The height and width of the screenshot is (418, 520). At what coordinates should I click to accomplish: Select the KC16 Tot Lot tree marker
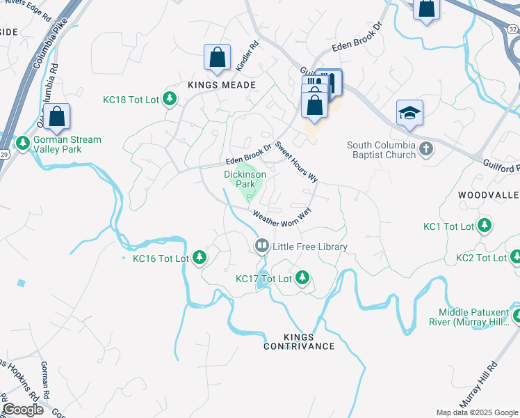[x=200, y=258]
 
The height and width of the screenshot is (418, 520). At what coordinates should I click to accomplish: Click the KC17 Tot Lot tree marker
[x=302, y=278]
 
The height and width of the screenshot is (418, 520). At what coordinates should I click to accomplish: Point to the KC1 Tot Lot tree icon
[x=485, y=226]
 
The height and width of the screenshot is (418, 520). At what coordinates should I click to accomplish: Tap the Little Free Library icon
[x=262, y=246]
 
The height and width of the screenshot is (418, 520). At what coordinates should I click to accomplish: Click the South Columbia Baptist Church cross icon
[x=427, y=150]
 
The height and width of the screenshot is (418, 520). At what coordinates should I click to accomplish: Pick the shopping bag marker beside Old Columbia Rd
[x=58, y=117]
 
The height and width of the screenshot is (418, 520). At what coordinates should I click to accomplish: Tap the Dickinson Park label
[x=244, y=179]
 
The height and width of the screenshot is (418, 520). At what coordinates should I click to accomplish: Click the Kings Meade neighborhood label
[x=222, y=84]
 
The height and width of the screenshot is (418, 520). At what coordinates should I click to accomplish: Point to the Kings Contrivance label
[x=300, y=341]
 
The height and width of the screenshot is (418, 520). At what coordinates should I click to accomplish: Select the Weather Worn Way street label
[x=282, y=218]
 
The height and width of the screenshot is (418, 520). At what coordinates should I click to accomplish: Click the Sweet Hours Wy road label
[x=296, y=162]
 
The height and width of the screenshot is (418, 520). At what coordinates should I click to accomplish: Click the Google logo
[x=24, y=410]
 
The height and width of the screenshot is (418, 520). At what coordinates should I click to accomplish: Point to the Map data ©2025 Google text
[x=476, y=412]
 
